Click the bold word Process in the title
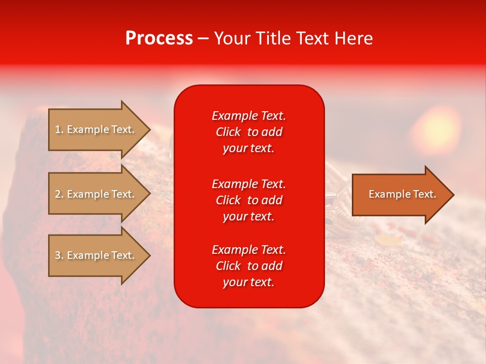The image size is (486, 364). click(159, 38)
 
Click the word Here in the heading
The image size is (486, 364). click(353, 38)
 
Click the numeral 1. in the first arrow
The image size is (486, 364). click(59, 129)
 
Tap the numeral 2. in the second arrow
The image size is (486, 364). click(59, 194)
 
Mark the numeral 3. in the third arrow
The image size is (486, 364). click(59, 255)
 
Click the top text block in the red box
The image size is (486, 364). click(249, 132)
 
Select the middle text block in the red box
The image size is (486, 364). click(249, 200)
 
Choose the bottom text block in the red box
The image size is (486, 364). click(249, 266)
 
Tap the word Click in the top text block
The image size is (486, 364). click(228, 132)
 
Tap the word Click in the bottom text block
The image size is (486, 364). click(228, 266)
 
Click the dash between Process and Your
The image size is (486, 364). click(204, 39)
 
